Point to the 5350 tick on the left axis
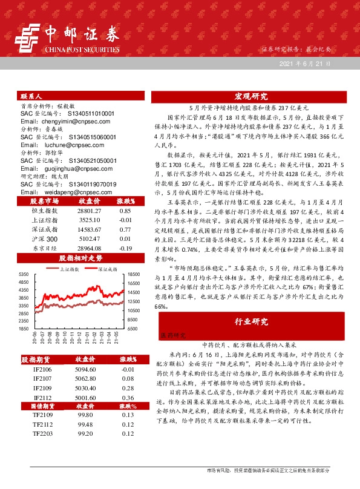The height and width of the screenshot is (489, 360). tap(25, 274)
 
